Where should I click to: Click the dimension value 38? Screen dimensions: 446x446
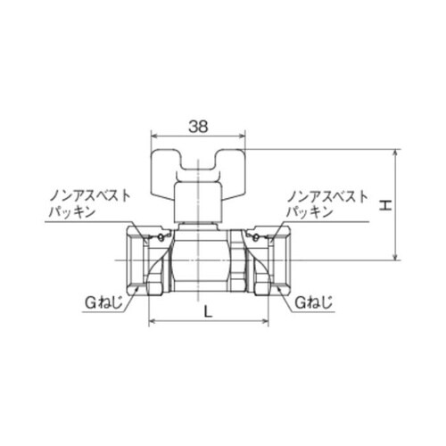[199, 127]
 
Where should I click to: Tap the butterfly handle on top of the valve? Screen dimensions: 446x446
[199, 165]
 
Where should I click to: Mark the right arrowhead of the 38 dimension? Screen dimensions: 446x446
[243, 138]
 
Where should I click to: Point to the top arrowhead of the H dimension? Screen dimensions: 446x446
[396, 153]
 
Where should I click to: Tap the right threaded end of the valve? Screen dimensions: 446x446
[268, 260]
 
